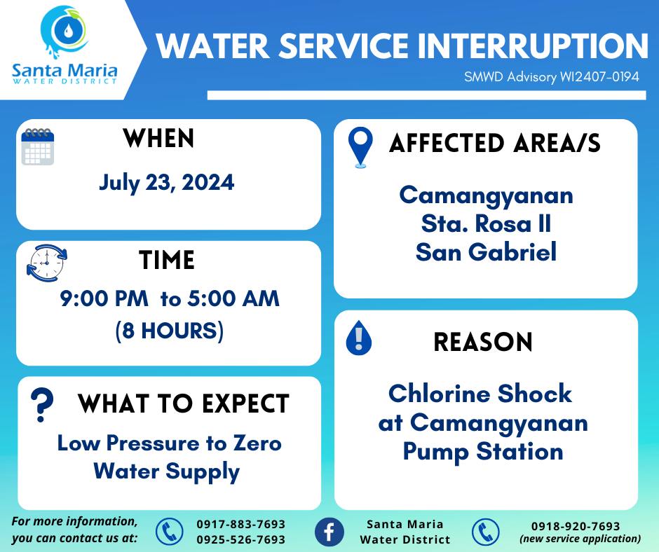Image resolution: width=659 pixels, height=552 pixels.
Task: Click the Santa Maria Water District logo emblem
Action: (x=65, y=32)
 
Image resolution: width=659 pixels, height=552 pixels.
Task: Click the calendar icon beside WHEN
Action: (x=38, y=146)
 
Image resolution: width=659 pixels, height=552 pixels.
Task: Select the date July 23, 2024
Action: (x=166, y=183)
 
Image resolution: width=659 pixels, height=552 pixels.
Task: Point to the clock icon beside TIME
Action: (x=47, y=263)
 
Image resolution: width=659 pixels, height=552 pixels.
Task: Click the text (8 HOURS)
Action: (x=170, y=331)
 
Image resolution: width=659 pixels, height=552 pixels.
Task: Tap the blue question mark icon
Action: (x=42, y=405)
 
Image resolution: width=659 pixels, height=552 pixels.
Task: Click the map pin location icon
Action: (x=360, y=147)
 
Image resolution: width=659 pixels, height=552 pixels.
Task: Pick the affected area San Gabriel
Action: (x=487, y=251)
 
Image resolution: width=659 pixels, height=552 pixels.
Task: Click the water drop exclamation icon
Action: (x=358, y=338)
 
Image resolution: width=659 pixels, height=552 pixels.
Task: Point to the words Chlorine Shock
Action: (x=480, y=394)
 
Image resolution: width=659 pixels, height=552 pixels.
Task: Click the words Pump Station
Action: (x=483, y=453)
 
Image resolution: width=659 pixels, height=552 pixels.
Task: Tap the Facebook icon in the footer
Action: (x=329, y=532)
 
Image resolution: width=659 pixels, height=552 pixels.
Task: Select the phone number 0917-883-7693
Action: (x=241, y=524)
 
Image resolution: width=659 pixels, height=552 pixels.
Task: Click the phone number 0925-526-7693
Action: (x=241, y=539)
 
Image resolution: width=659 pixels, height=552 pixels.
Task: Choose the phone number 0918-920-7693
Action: (x=576, y=526)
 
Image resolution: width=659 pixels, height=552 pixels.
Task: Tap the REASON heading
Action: (x=483, y=342)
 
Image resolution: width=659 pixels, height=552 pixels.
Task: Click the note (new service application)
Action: (x=580, y=539)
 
